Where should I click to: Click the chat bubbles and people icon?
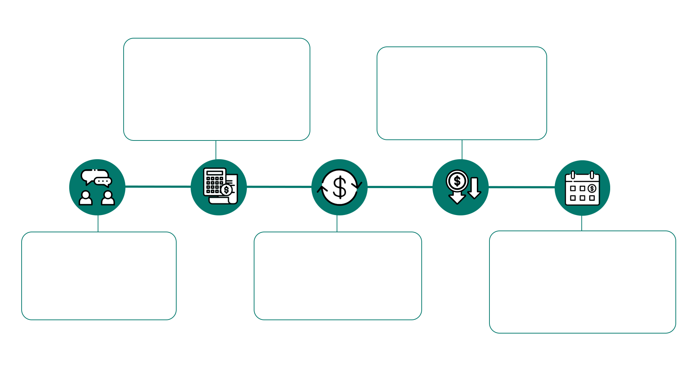point(97,187)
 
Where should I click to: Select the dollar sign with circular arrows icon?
point(340,187)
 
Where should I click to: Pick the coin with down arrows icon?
point(461,187)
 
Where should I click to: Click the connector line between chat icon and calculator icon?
point(158,187)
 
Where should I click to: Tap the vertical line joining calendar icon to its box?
point(582,223)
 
